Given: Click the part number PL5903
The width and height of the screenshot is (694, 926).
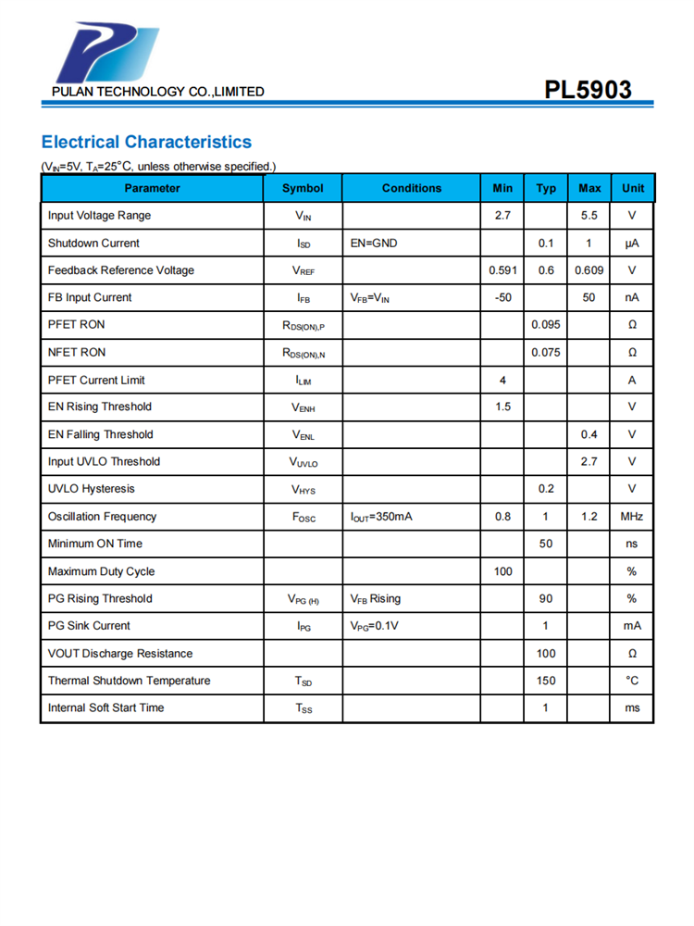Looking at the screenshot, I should coord(589,90).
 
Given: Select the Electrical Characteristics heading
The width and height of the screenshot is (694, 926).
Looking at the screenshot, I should coord(146,142).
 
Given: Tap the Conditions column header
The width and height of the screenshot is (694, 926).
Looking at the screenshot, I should coord(411,188).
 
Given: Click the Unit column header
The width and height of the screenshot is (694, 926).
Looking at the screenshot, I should coord(633,188).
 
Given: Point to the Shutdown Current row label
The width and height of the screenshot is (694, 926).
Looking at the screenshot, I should coord(93,244).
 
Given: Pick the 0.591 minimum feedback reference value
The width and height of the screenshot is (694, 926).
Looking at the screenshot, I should coord(502,270).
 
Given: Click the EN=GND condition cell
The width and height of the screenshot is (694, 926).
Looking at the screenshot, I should coord(374,244).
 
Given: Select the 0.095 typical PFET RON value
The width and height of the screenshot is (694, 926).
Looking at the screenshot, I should coord(546,325).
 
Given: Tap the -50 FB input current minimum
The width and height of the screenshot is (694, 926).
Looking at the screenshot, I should coord(502,297).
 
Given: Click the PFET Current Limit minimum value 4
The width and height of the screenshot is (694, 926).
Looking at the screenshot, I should coord(502,380).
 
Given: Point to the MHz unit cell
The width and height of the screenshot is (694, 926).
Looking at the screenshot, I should coord(632,516).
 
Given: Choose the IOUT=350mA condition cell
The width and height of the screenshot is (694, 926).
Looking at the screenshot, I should coord(381,516).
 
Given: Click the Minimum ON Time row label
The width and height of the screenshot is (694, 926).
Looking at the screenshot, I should coord(94,544).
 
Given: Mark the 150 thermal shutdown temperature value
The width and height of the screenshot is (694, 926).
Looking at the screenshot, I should coord(546,681).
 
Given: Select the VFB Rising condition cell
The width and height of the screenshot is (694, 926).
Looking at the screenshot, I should coord(375,598).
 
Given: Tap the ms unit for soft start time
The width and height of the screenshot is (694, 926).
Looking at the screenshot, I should coord(632,707).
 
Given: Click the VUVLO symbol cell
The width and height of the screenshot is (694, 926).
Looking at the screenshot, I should coord(303,462).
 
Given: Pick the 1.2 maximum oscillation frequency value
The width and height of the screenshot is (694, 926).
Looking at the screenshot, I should coord(589,516).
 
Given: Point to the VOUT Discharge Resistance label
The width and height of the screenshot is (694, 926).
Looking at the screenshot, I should coord(120,654).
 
